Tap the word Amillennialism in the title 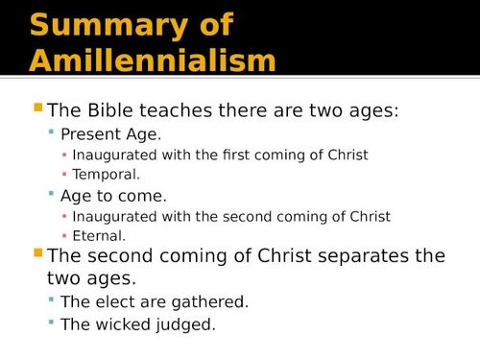(154, 60)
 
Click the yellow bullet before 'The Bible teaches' (38, 108)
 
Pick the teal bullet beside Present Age (52, 133)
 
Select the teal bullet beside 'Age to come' (52, 195)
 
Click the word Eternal (99, 235)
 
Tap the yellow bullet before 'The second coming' (38, 254)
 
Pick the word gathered (210, 302)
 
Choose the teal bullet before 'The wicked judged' (52, 324)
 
